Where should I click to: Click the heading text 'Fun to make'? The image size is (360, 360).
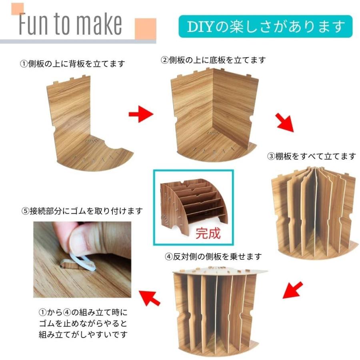tap(70, 24)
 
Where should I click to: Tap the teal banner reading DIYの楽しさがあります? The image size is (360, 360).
tap(265, 26)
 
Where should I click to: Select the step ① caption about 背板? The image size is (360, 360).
tap(73, 64)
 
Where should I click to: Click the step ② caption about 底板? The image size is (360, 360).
tap(213, 60)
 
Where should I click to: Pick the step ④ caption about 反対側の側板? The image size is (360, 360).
tap(213, 256)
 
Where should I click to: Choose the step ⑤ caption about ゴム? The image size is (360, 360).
tap(82, 211)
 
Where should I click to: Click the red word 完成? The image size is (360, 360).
tap(208, 234)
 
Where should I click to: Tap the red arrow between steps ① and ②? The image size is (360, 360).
tap(141, 115)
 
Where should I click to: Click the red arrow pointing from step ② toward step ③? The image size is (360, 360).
tap(285, 122)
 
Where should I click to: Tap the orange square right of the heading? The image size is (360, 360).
tap(145, 28)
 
